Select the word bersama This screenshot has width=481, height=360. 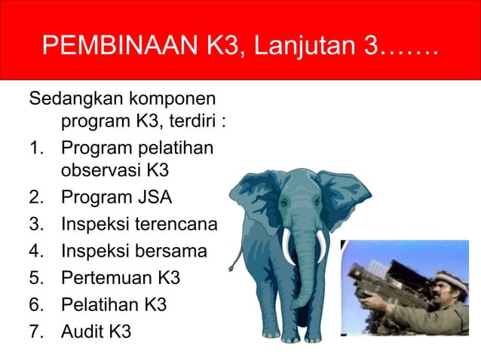174,251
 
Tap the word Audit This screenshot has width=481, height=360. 82,331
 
